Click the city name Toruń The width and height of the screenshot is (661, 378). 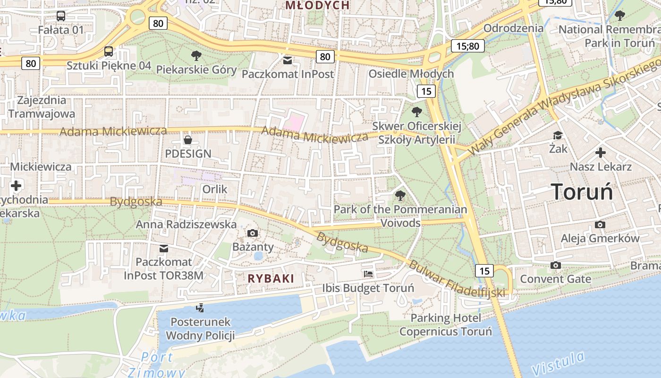coord(582,192)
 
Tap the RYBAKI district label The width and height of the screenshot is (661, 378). coord(271,278)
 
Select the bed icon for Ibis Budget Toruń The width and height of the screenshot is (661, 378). coord(368,274)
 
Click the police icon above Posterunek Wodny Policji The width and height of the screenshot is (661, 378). coord(200,308)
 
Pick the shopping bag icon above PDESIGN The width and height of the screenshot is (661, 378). coord(188,140)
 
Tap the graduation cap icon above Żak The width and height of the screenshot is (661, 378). coord(558,136)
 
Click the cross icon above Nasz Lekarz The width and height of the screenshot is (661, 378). coord(600,153)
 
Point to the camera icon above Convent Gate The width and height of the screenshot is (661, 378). coord(556,265)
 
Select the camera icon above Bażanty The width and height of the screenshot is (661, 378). coord(253,233)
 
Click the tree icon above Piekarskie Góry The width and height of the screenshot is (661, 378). coord(196,56)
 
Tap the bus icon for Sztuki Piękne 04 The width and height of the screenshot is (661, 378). coord(109,52)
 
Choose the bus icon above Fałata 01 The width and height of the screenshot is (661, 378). coord(61,16)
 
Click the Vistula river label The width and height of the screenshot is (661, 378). coord(558,363)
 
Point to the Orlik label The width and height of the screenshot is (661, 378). coord(215,189)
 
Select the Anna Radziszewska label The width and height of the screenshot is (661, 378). coord(186,224)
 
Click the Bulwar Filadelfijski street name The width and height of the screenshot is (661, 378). coord(457,280)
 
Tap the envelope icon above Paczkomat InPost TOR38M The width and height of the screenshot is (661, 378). coord(164,248)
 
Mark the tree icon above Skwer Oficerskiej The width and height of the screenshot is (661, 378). coord(416,112)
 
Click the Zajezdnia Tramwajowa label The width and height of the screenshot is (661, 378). coord(42,107)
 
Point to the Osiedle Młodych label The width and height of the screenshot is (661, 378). coord(411,74)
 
